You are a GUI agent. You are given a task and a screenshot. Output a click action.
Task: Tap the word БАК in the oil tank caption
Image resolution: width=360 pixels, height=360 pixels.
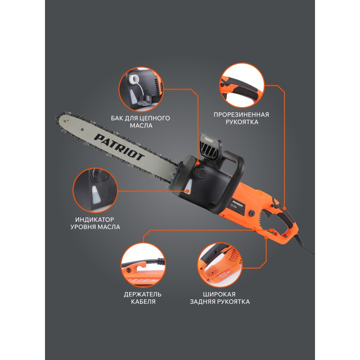(117, 118)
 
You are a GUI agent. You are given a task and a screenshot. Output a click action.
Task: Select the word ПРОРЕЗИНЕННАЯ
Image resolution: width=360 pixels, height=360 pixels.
(241, 115)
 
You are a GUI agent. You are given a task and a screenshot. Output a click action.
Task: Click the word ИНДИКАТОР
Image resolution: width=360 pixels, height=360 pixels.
(94, 220)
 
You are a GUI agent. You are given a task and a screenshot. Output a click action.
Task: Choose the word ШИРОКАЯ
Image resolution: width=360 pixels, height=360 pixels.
(219, 294)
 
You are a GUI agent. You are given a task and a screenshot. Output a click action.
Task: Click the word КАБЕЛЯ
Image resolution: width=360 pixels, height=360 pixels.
(143, 301)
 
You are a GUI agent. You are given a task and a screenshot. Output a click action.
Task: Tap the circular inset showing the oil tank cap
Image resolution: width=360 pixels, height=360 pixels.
(141, 89)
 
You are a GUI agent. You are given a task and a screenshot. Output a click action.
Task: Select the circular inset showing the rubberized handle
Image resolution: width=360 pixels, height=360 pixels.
(242, 85)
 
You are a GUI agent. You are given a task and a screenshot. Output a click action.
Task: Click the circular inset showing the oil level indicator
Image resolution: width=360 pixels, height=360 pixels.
(95, 190)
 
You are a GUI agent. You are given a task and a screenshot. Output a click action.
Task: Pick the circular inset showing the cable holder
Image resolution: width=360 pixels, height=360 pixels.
(143, 265)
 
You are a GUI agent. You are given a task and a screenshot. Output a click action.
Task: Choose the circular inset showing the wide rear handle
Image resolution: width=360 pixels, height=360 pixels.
(220, 265)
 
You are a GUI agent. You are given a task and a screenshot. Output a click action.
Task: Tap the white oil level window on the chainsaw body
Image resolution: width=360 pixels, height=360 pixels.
(189, 187)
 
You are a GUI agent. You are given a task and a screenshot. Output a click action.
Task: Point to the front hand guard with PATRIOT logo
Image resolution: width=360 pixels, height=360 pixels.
(210, 147)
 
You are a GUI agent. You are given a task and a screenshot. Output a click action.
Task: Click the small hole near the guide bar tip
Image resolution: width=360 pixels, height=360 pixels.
(82, 130)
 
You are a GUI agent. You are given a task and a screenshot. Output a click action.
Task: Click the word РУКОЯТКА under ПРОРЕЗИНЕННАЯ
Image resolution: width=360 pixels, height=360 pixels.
(242, 122)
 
